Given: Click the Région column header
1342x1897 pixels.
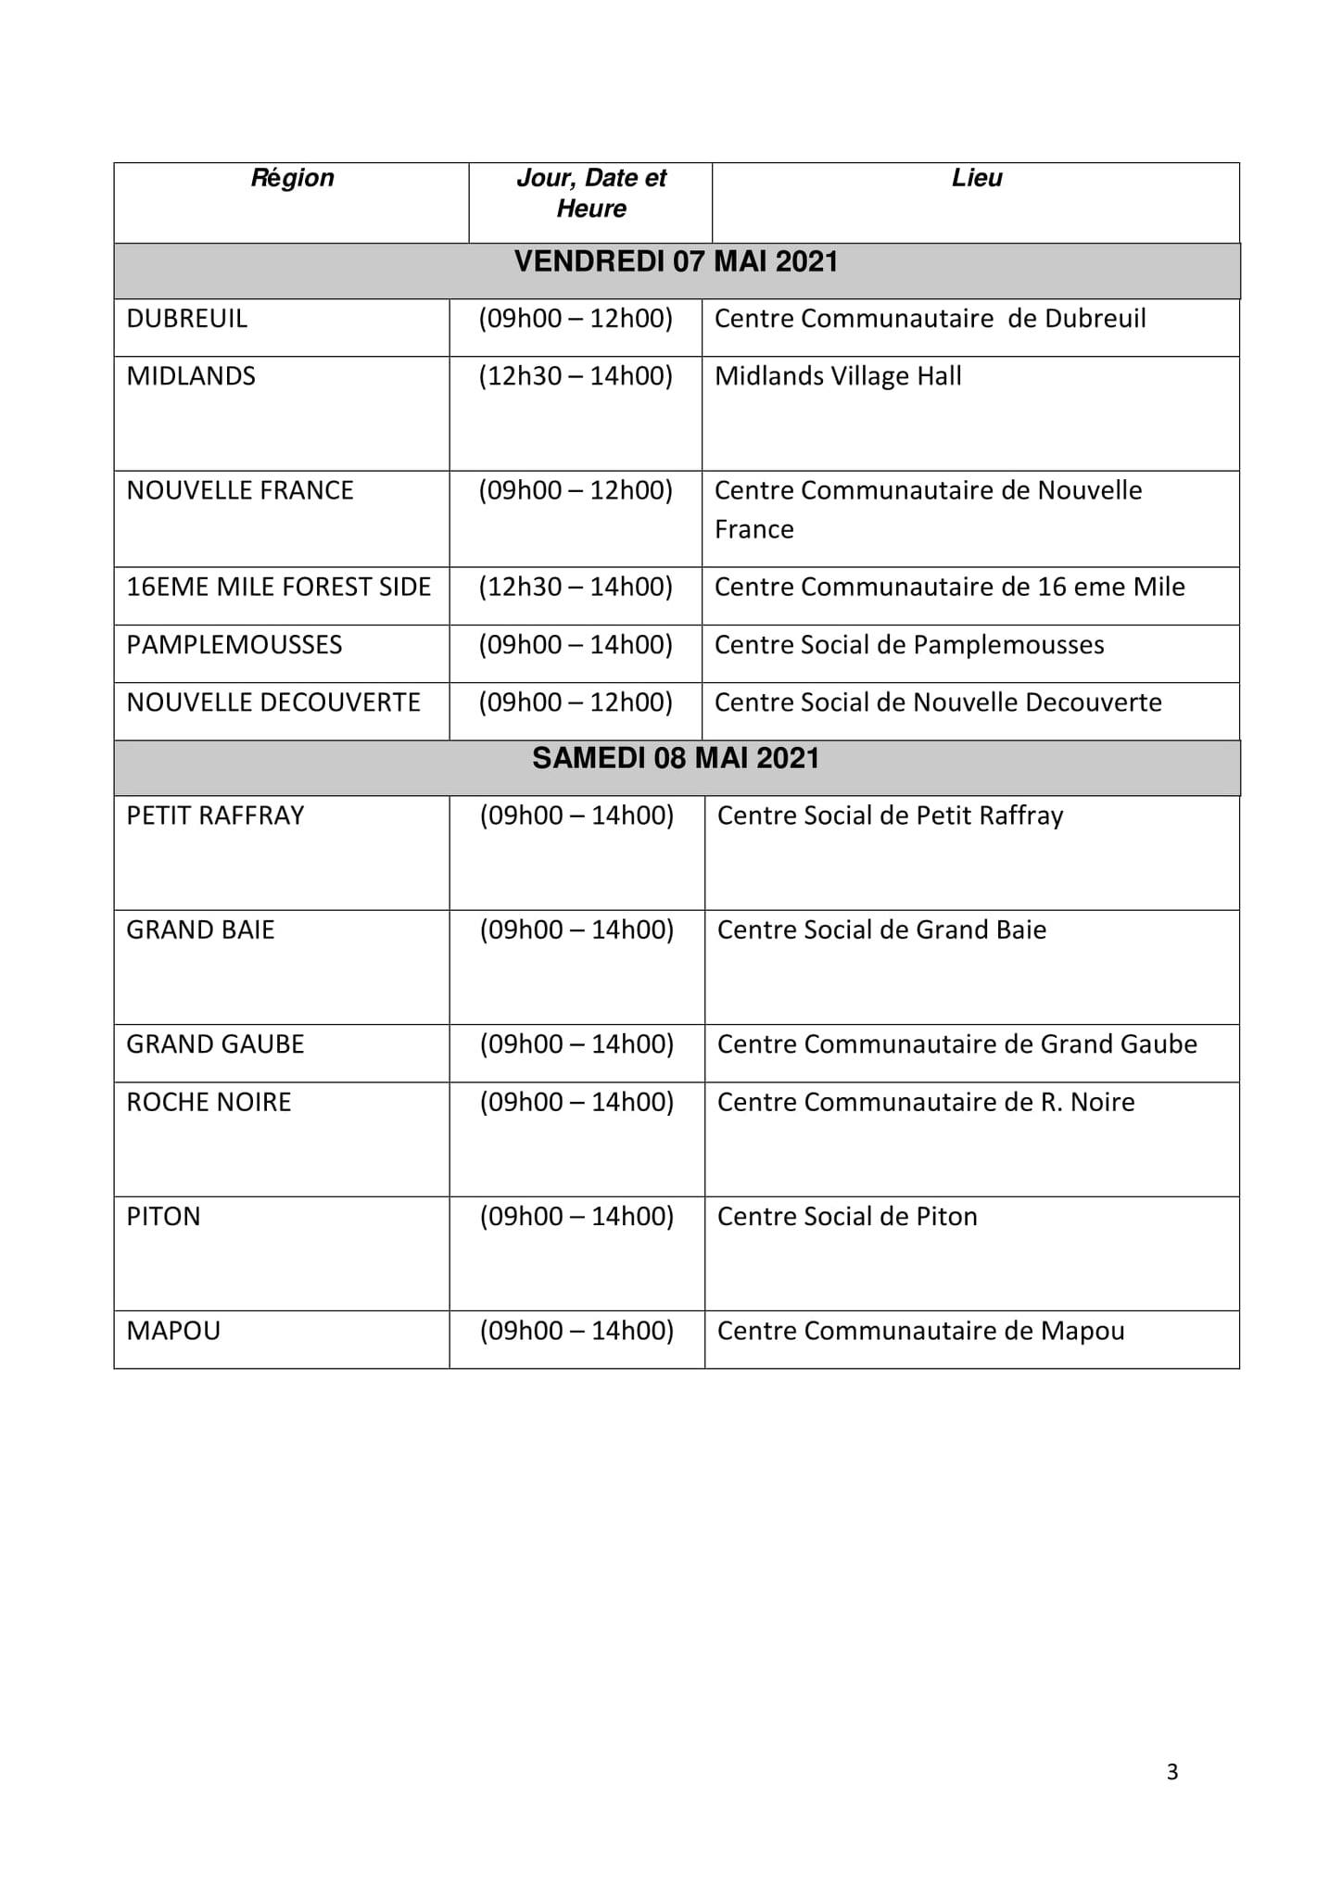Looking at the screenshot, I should (x=292, y=178).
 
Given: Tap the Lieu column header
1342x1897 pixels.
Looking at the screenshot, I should (x=977, y=178).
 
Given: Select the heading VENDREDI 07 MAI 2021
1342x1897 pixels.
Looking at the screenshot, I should (x=676, y=262).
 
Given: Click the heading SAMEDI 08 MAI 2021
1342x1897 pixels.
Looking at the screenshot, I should (x=676, y=759).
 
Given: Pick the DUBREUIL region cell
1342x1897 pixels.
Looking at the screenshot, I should (x=187, y=319).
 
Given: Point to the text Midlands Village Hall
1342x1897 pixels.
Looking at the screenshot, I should (x=838, y=376).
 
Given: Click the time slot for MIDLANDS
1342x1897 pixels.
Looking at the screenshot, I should (x=576, y=376).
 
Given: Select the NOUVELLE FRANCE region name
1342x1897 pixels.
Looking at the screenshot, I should (x=240, y=490).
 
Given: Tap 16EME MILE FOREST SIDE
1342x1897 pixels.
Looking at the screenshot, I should (x=279, y=588).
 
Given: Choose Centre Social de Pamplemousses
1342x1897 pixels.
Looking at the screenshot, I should (x=909, y=645).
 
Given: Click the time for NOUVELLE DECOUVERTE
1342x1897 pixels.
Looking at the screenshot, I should (x=576, y=702).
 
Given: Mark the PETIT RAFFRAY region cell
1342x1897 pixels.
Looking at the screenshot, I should (x=215, y=816).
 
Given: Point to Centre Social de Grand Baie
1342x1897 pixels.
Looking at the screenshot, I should (x=881, y=930).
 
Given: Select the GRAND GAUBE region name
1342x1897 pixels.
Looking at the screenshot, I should (x=215, y=1044).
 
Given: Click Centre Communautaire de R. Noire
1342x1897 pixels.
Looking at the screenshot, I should (x=926, y=1102).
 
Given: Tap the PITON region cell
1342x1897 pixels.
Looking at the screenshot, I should (x=163, y=1217).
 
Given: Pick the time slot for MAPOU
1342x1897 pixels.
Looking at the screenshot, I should (x=576, y=1331).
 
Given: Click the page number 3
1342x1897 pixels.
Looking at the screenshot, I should (x=1172, y=1772).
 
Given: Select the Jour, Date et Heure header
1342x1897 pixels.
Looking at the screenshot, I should (x=591, y=193).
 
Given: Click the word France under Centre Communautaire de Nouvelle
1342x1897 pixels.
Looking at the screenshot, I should (x=753, y=530).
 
